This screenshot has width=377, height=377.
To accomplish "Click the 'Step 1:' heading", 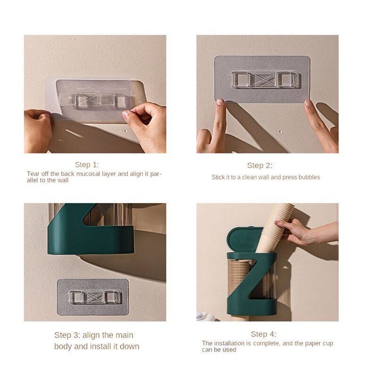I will click(87, 164).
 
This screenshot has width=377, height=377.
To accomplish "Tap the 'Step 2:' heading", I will click(260, 165).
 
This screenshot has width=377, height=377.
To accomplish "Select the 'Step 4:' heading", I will click(263, 334).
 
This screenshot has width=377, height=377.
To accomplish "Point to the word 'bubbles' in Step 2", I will click(309, 177).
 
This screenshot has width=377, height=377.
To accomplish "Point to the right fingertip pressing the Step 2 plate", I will click(308, 104).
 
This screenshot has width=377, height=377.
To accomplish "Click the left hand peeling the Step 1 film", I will click(38, 130).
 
